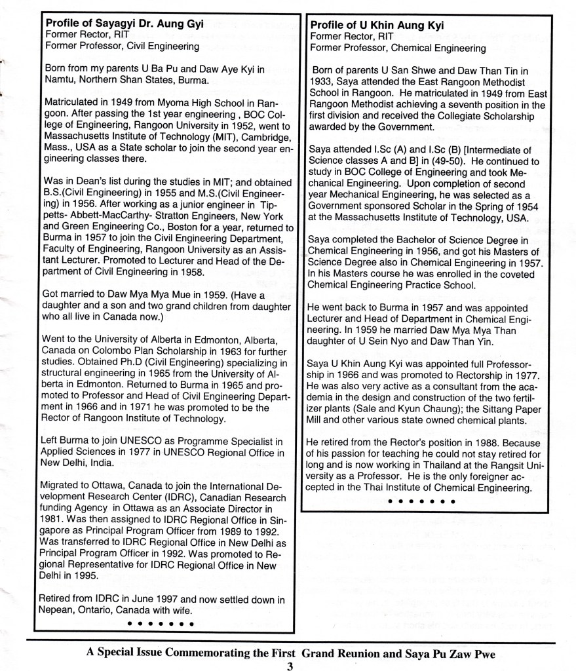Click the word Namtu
coord(58,80)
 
